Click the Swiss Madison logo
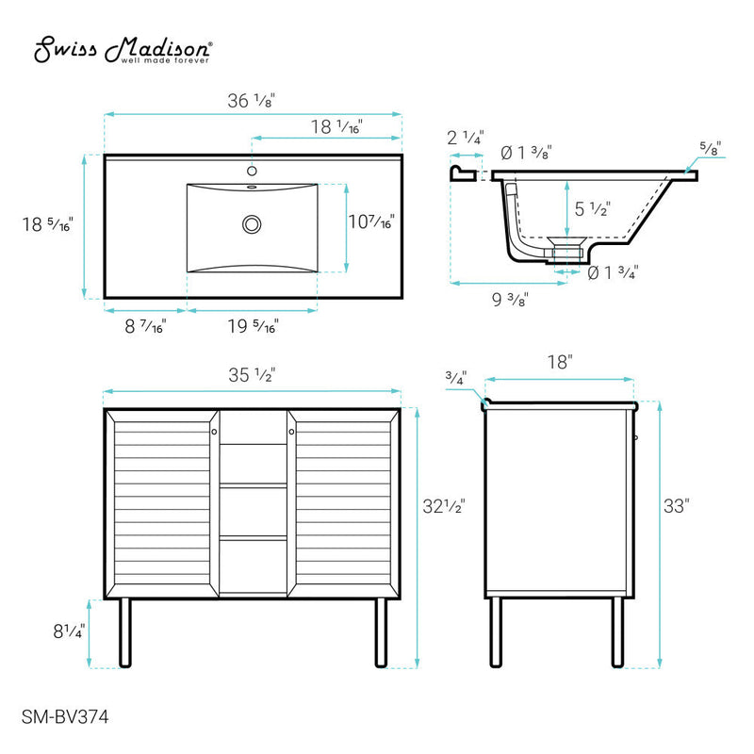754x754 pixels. click(x=123, y=51)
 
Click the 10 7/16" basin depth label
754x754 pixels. click(x=370, y=222)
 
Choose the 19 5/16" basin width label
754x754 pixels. click(x=253, y=326)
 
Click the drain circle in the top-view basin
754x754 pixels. click(x=252, y=224)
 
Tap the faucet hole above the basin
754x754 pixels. click(x=252, y=172)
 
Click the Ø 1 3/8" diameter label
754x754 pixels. click(x=526, y=152)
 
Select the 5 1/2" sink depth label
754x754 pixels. click(x=593, y=208)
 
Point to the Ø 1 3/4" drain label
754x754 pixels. click(x=613, y=273)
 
